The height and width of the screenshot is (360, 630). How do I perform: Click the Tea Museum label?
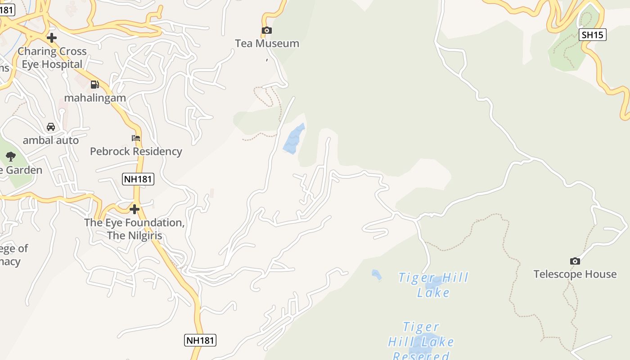267,44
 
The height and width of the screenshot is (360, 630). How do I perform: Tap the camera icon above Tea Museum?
267,31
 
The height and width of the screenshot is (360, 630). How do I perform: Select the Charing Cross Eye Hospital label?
52,58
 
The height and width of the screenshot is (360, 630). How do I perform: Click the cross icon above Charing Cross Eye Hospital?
52,38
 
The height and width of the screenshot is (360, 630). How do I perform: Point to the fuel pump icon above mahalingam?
94,84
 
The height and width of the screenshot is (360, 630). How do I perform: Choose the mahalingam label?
95,98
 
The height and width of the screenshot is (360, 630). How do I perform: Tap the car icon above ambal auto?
51,127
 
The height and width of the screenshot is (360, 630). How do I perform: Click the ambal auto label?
51,140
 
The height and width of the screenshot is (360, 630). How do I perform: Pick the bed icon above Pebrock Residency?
136,138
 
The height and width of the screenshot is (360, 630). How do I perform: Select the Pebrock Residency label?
136,151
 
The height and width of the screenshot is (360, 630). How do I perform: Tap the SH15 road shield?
593,35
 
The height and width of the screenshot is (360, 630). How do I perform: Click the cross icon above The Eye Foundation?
134,209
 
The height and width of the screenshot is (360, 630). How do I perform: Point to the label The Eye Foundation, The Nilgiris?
135,229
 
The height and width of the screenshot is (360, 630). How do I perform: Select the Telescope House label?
575,274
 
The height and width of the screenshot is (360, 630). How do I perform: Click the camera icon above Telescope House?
575,261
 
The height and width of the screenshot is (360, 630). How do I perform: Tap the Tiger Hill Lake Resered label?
421,341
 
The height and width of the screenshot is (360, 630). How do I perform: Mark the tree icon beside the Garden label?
11,157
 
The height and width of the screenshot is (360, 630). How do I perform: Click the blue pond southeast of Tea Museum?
293,139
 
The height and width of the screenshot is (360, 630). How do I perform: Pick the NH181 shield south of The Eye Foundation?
200,340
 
